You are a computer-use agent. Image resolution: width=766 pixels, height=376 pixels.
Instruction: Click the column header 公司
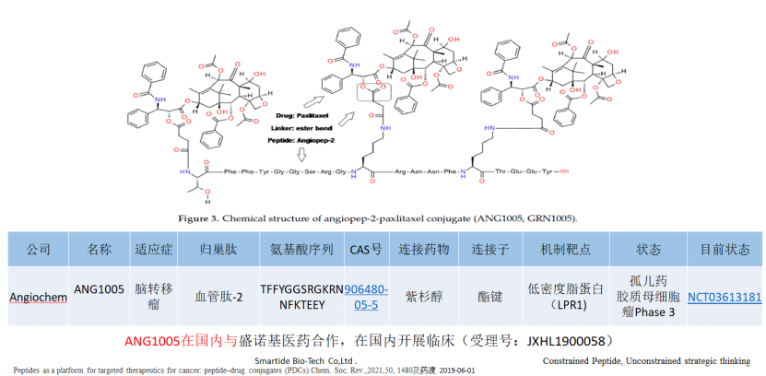pos(38,250)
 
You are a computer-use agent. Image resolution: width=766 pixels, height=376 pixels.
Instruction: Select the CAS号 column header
pos(365,250)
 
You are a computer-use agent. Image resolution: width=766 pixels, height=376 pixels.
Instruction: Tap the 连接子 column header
pos(489,250)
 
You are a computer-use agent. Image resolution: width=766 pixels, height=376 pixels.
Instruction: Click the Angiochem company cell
pos(38,296)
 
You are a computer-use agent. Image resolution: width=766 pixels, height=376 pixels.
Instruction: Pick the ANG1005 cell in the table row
pos(99,289)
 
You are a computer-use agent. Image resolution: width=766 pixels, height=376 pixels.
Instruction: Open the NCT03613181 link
pos(724,296)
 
